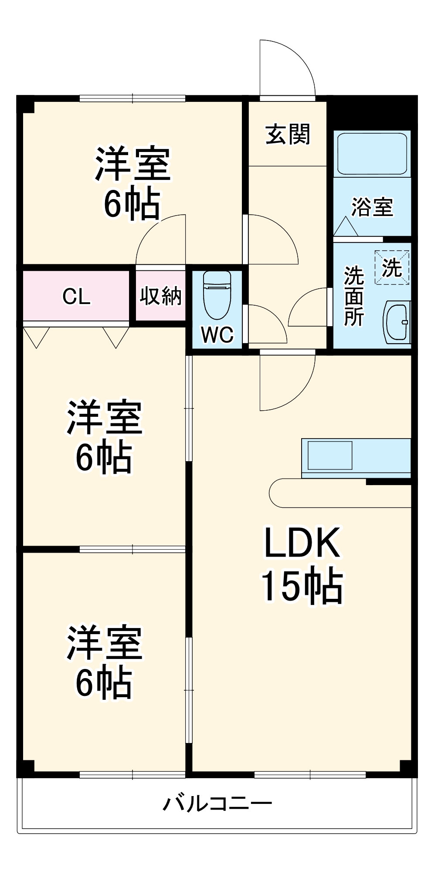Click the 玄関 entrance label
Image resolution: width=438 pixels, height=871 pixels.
click(288, 134)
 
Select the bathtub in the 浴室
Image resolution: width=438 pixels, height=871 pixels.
click(372, 153)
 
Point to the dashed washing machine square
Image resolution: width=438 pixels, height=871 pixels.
click(392, 267)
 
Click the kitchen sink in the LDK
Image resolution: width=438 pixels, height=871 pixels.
click(329, 455)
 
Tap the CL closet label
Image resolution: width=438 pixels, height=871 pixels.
click(76, 297)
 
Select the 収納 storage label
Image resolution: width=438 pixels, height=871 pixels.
click(160, 296)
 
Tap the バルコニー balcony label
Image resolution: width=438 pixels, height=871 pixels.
click(217, 803)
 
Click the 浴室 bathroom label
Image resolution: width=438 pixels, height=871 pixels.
click(372, 207)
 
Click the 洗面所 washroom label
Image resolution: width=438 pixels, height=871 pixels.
click(353, 296)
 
